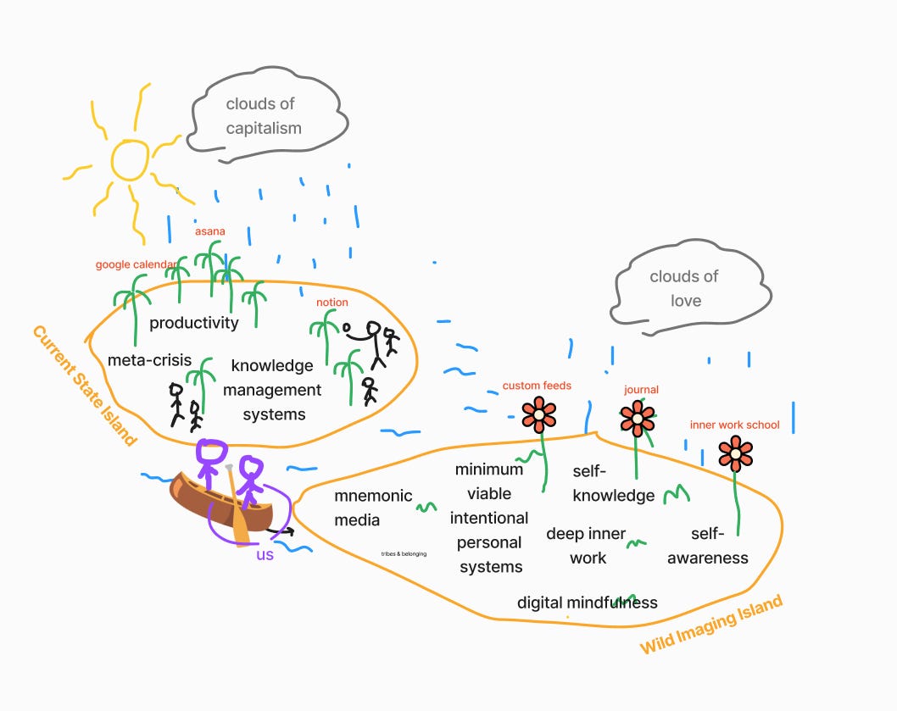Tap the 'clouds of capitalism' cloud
click(x=264, y=116)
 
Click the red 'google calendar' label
click(x=136, y=264)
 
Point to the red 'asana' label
click(x=209, y=231)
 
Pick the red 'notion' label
click(x=332, y=303)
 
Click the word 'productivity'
click(x=194, y=323)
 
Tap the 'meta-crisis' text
click(x=149, y=360)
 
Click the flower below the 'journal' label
click(x=637, y=418)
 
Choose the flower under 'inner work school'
click(x=735, y=453)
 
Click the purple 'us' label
click(x=266, y=556)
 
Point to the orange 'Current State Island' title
click(x=84, y=385)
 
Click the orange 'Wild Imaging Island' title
click(x=710, y=625)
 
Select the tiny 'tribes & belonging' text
click(x=404, y=553)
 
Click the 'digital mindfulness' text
click(x=588, y=603)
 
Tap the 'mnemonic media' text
click(x=373, y=508)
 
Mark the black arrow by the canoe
click(x=283, y=531)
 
